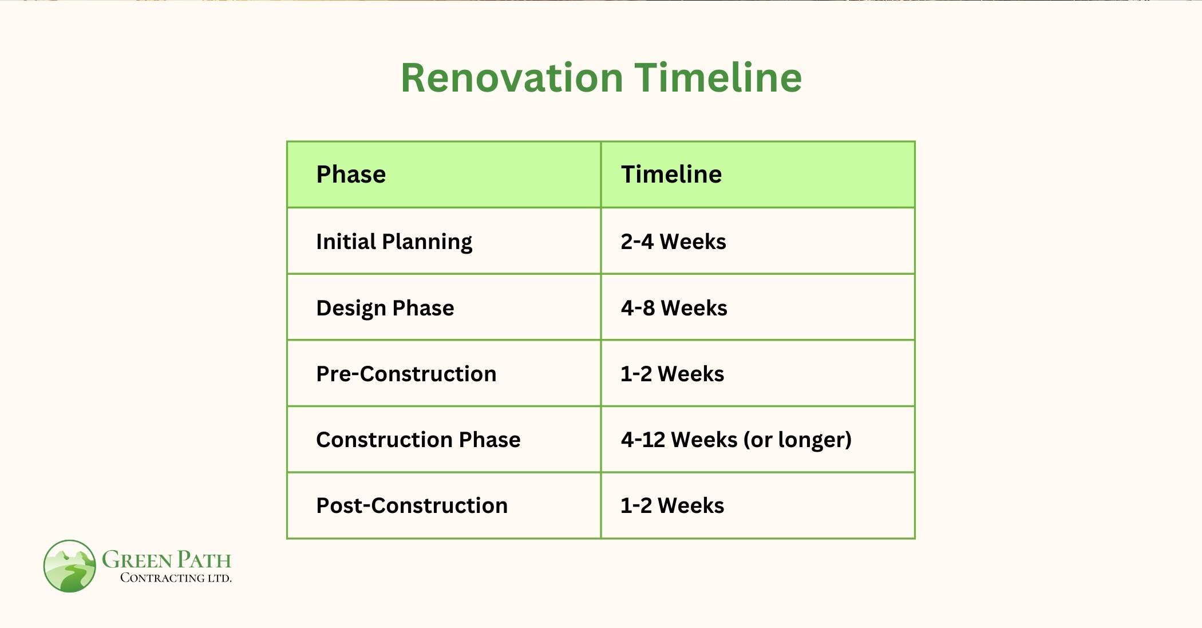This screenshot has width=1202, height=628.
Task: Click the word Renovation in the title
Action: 512,78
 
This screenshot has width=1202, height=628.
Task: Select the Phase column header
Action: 351,175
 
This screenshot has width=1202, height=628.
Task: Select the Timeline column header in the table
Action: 671,175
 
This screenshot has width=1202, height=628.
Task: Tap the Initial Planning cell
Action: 394,242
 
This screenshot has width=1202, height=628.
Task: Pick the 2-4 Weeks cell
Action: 673,242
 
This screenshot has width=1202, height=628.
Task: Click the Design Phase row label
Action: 385,308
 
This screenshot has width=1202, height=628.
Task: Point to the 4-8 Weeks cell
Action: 674,308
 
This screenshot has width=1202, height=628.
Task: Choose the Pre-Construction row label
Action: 406,374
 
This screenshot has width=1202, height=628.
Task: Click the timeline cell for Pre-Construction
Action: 672,374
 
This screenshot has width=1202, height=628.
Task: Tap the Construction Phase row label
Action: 418,440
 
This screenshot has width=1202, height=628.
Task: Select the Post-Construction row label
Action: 412,505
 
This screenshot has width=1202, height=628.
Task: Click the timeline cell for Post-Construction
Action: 672,505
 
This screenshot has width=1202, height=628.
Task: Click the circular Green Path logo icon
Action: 70,566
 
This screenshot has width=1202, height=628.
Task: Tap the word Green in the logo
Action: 137,560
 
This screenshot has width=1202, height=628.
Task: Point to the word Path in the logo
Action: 203,560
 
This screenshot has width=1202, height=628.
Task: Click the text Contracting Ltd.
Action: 176,578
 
